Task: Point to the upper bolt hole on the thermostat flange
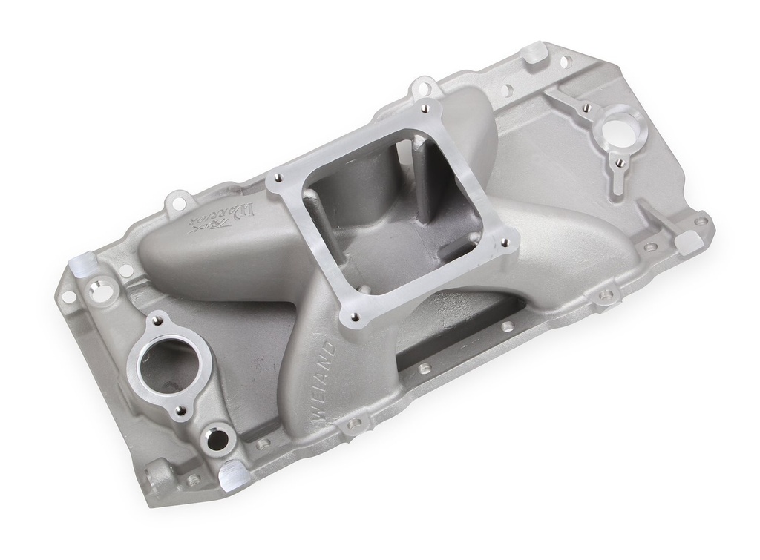pos(157,320)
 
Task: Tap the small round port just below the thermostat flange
pos(217,440)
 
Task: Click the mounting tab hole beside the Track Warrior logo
pos(178,199)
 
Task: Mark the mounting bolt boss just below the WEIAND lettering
pos(355,424)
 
